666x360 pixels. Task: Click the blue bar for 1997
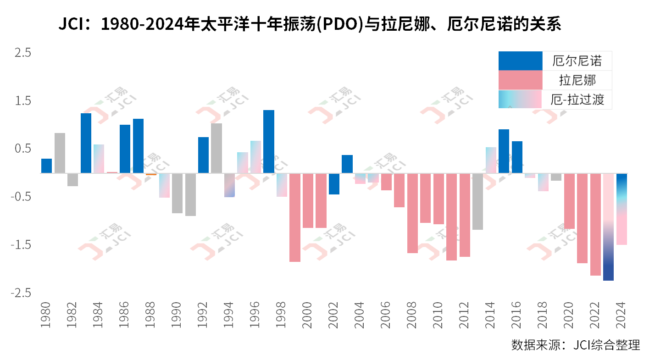tap(269, 142)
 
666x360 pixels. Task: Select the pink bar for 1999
tap(295, 217)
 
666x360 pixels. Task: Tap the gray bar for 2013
tap(478, 201)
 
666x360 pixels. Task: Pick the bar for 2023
tap(609, 227)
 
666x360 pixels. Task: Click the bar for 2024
tap(622, 209)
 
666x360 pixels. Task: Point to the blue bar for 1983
tap(86, 143)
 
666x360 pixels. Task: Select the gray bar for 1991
tap(191, 194)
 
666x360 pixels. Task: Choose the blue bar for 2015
tap(504, 151)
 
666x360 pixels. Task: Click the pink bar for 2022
tap(595, 224)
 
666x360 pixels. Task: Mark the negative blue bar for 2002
tap(334, 184)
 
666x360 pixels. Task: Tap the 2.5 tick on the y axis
tap(22, 53)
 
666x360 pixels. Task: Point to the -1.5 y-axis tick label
tap(21, 245)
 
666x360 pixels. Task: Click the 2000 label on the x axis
tap(307, 316)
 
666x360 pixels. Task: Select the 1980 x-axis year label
tap(46, 316)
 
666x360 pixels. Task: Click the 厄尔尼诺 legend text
tap(577, 61)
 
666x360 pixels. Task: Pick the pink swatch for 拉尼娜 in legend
tap(520, 80)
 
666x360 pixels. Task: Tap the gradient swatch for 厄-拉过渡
tap(520, 99)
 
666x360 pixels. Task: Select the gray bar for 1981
tap(60, 153)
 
